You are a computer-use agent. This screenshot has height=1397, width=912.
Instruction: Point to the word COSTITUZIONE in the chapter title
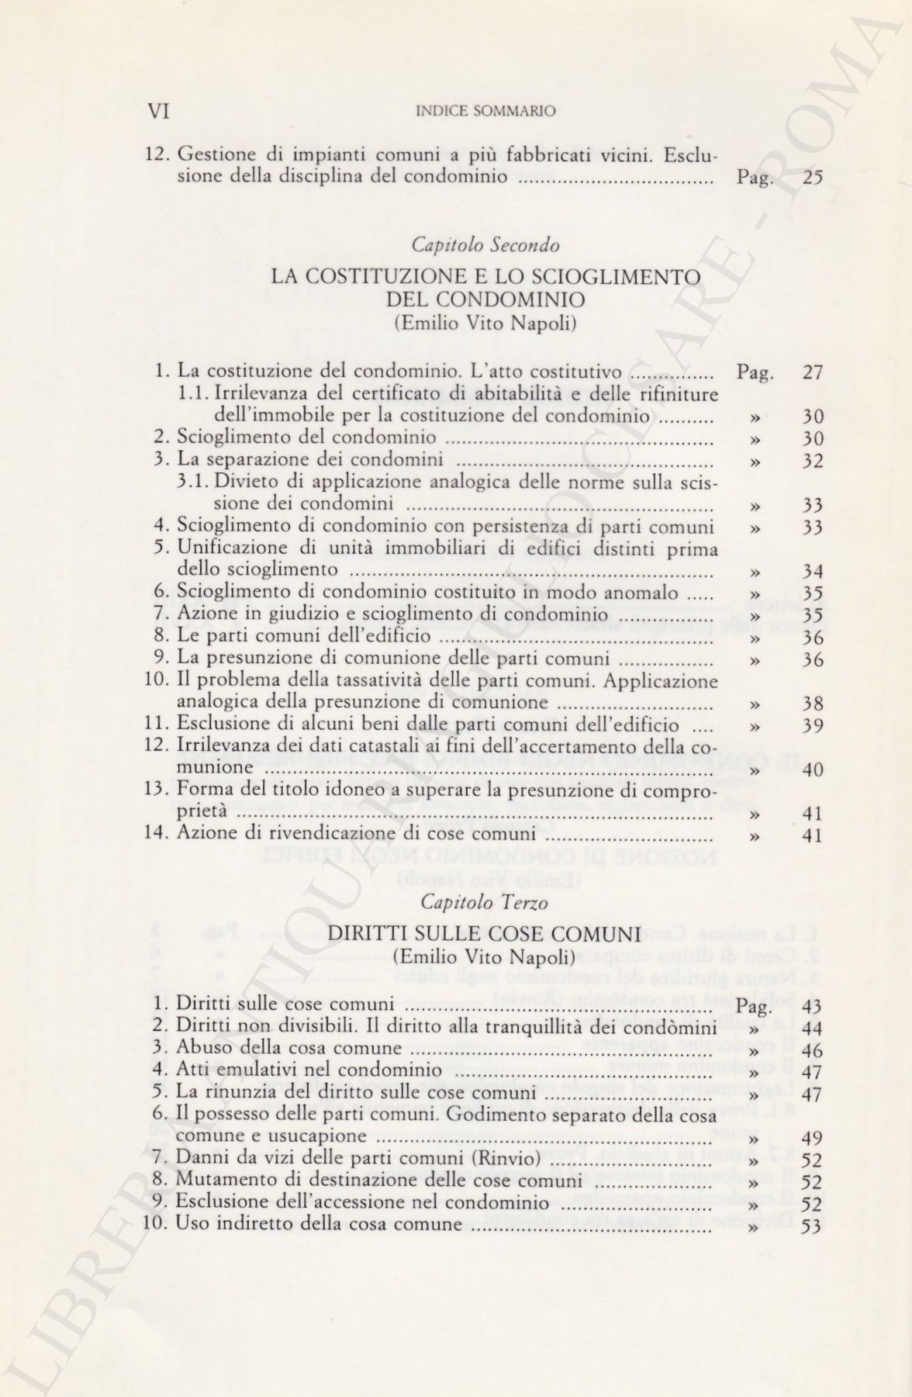click(396, 276)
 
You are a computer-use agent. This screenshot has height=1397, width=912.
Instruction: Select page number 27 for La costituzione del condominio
click(813, 372)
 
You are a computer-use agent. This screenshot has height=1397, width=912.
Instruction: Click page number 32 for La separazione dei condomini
click(813, 462)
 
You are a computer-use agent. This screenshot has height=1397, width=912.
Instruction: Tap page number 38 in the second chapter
click(813, 705)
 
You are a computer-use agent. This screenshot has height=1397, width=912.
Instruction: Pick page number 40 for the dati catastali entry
click(813, 770)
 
